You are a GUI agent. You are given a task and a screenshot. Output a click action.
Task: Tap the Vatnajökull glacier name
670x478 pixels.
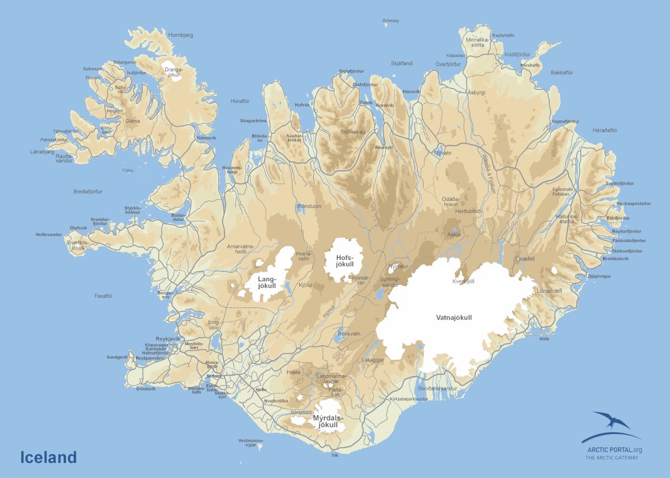(x=453, y=317)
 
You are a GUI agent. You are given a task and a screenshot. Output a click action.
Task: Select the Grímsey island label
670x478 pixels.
(x=391, y=21)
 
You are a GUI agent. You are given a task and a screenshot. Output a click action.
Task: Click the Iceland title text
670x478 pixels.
(x=49, y=457)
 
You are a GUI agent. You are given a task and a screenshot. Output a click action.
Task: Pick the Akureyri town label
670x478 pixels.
(x=384, y=147)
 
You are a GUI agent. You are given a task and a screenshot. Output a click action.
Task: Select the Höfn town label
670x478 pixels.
(x=544, y=339)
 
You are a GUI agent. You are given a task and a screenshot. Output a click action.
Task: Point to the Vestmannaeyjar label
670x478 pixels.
(x=250, y=442)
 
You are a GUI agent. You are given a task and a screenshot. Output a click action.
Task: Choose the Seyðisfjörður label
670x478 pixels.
(x=620, y=183)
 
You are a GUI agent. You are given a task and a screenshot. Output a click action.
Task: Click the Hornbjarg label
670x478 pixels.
(x=180, y=35)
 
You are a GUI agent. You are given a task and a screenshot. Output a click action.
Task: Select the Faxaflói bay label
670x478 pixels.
(x=103, y=296)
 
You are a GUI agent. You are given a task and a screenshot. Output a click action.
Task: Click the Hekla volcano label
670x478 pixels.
(x=293, y=372)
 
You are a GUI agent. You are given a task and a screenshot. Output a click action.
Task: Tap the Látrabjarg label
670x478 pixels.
(x=42, y=151)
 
